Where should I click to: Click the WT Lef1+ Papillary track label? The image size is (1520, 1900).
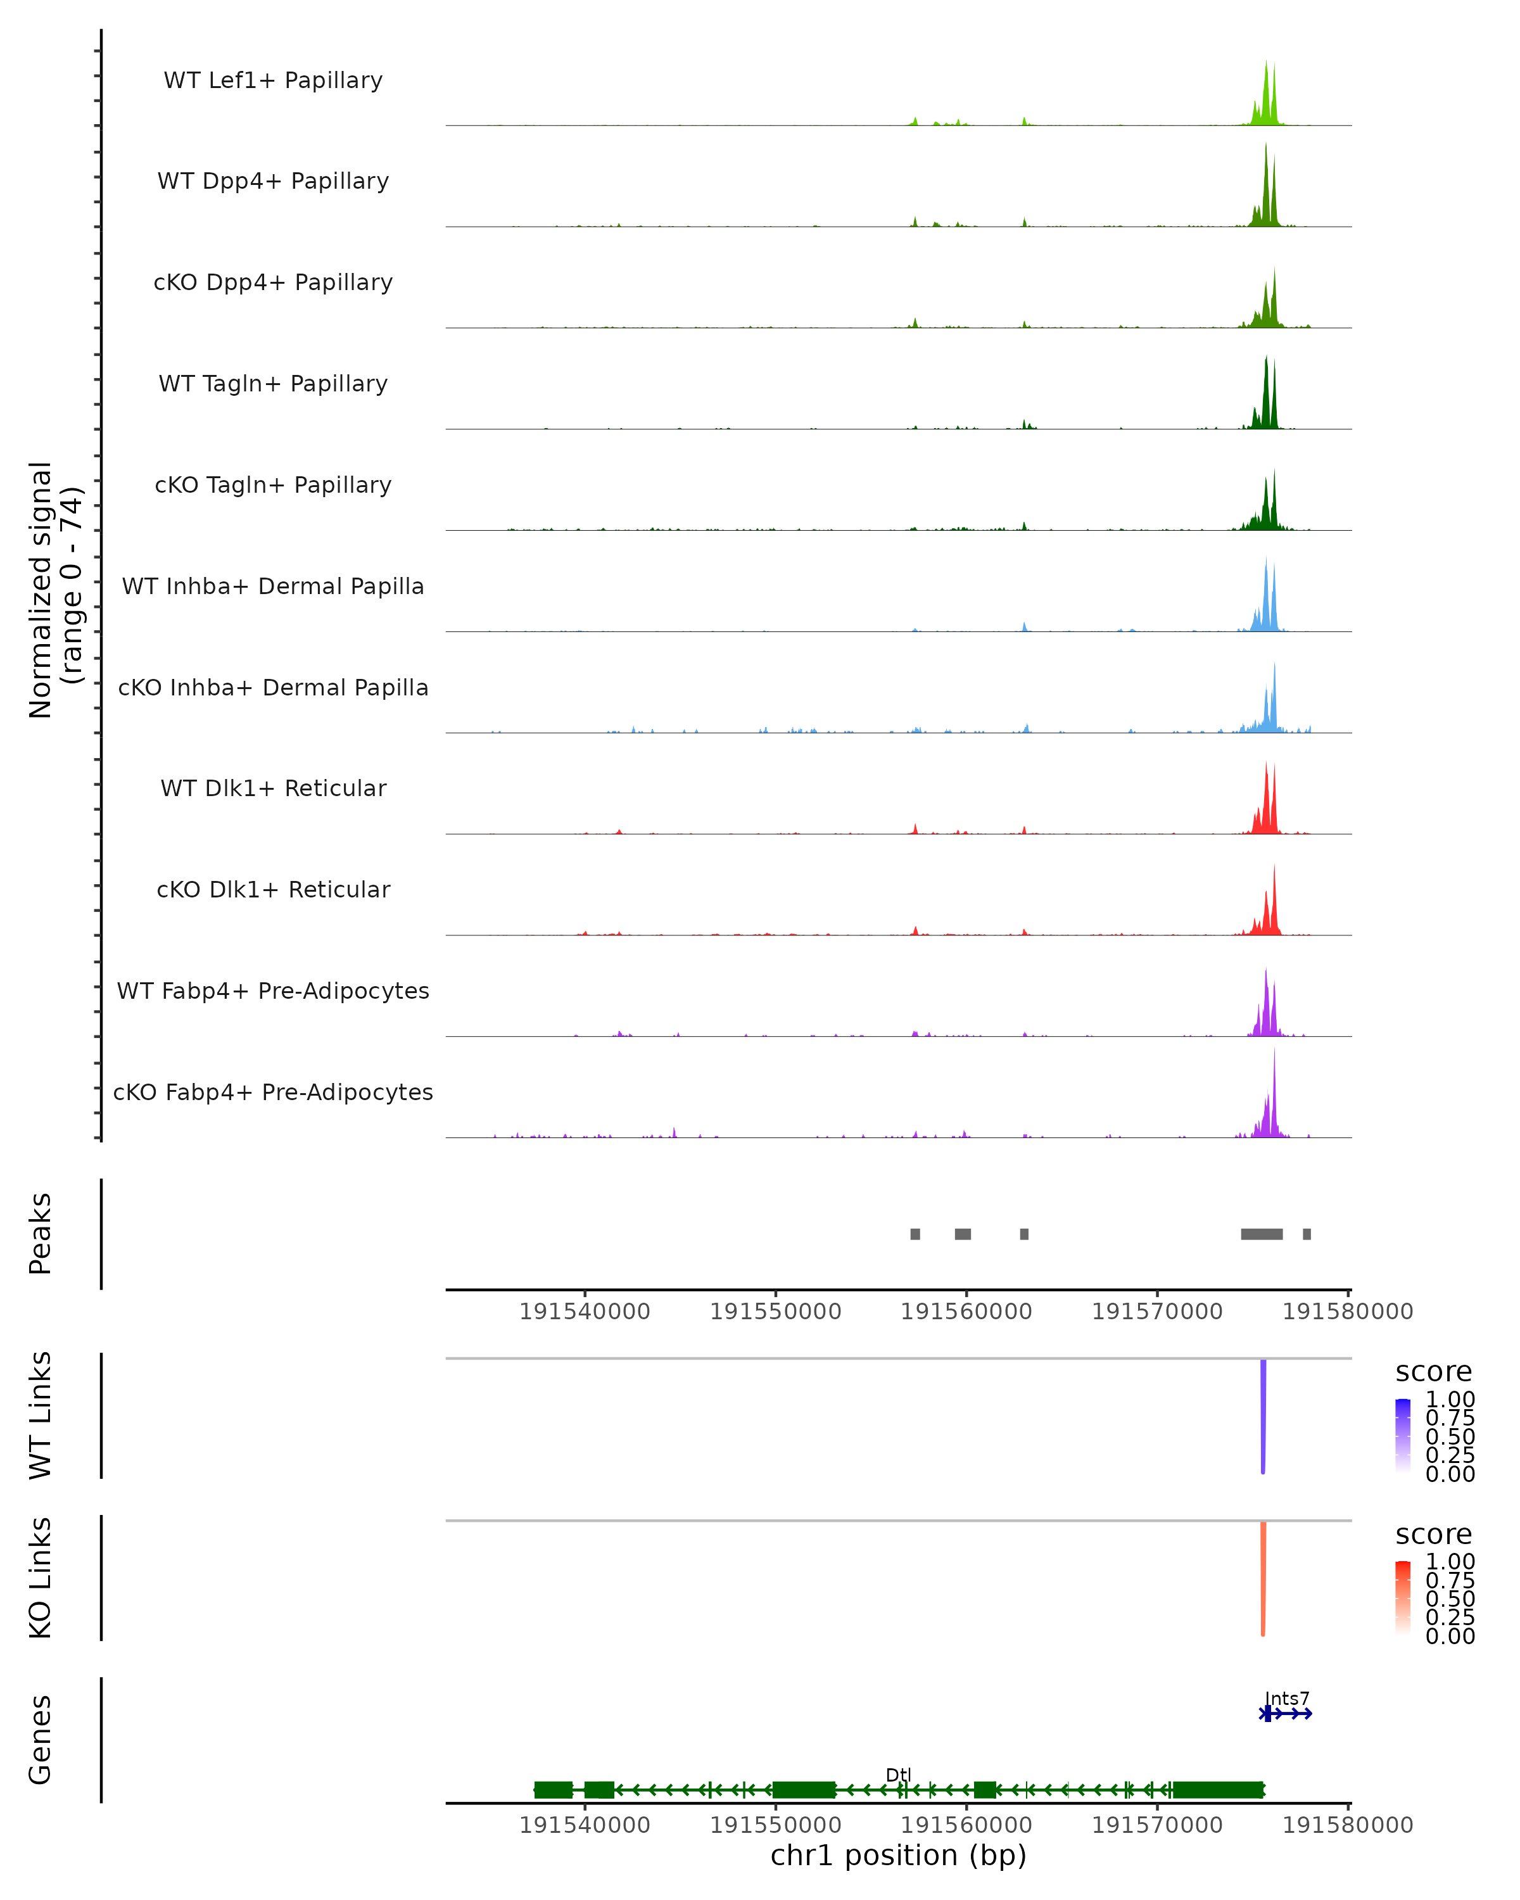tap(273, 80)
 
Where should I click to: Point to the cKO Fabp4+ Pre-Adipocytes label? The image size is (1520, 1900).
tap(273, 1092)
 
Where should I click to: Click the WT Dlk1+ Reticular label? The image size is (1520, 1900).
tap(273, 788)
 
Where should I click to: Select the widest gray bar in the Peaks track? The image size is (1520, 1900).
tap(1261, 1234)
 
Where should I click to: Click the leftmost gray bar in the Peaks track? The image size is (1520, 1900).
tap(916, 1234)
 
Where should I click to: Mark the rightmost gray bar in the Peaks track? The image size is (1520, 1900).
tap(1307, 1234)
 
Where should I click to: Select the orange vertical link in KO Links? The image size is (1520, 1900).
tap(1263, 1578)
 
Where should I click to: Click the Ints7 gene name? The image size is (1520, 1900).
tap(1288, 1698)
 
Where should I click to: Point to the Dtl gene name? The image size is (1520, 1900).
tap(898, 1775)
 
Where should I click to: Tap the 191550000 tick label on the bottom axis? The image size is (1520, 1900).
tap(775, 1825)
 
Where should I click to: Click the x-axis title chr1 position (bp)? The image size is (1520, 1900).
tap(898, 1856)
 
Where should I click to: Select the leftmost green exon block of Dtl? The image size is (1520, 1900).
tap(554, 1790)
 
